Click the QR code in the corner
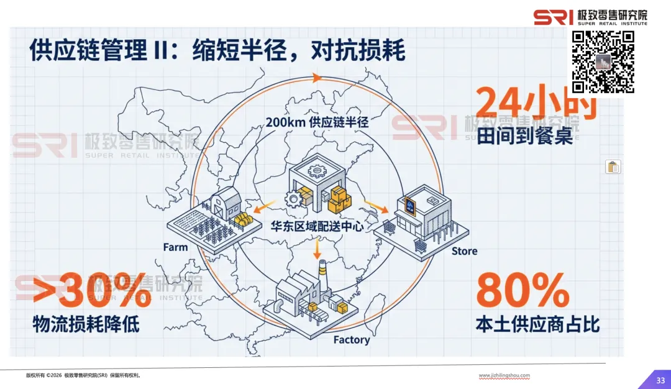tap(603, 62)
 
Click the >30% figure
tap(92, 290)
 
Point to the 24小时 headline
tap(536, 103)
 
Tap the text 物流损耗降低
tap(86, 324)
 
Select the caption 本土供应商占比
tap(537, 324)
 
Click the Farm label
tap(175, 247)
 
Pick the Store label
tap(464, 251)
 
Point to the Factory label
tap(351, 340)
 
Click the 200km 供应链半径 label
tap(317, 122)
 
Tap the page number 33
tap(660, 380)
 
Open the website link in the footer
tap(504, 375)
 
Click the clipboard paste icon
tap(613, 167)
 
